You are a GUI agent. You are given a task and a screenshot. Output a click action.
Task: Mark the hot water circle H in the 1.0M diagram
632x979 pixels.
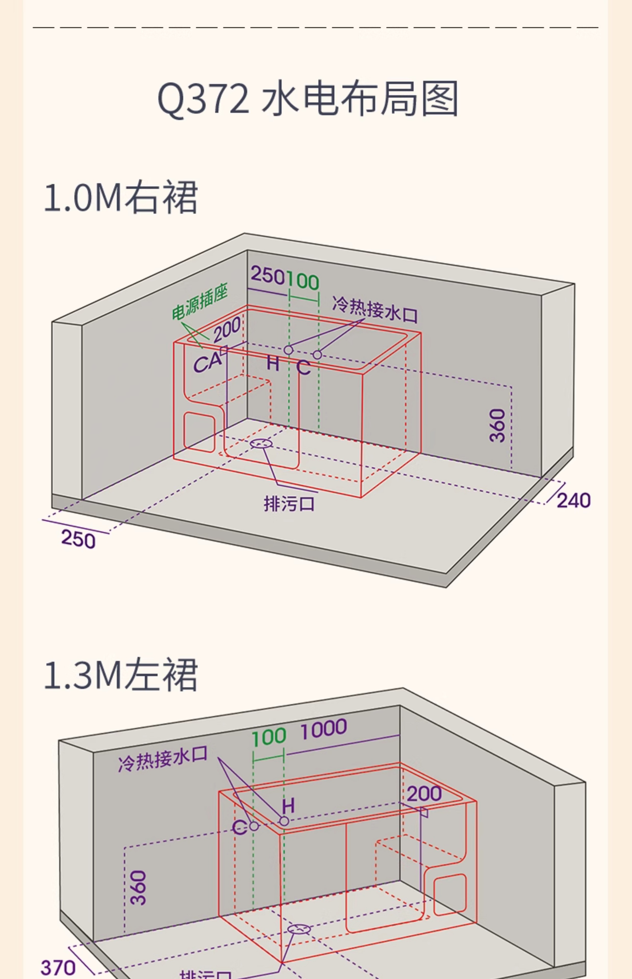(288, 350)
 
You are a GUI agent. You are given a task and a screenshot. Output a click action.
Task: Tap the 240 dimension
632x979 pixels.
(573, 501)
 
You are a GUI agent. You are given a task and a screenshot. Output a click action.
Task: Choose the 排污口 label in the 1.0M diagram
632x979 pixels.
(289, 504)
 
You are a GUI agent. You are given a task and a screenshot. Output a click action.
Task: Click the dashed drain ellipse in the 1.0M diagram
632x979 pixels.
(261, 444)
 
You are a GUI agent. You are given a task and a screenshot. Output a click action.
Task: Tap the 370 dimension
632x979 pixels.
(58, 968)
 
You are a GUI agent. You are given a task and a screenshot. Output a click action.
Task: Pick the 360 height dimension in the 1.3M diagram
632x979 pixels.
(138, 888)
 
